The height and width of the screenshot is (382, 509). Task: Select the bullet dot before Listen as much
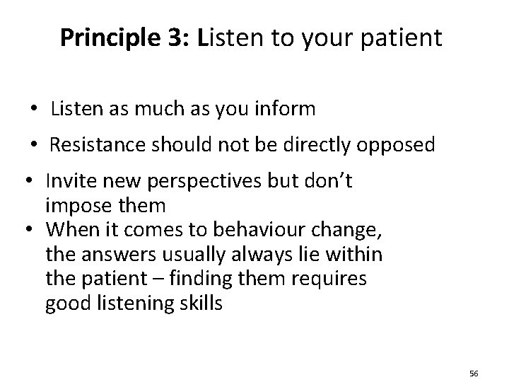(34, 110)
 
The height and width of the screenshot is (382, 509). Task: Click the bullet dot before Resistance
(34, 145)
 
